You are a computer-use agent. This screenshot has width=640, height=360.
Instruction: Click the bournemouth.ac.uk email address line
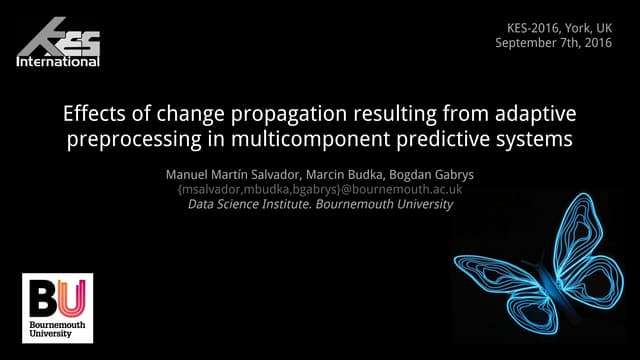(318, 189)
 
